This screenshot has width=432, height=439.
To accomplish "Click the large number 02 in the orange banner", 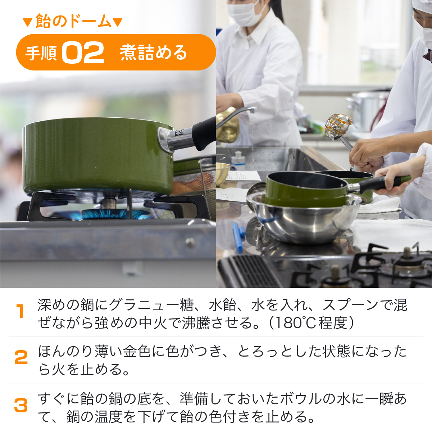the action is click(x=83, y=53).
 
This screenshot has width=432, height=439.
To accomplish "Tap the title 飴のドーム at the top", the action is click(x=73, y=21).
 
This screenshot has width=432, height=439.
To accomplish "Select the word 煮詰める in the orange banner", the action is click(x=154, y=53).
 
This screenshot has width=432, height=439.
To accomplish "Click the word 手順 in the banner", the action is click(x=41, y=53).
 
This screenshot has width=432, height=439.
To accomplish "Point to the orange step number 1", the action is click(x=20, y=311).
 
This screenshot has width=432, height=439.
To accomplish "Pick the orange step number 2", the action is click(x=21, y=357).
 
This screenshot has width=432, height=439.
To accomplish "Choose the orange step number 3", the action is click(x=21, y=405).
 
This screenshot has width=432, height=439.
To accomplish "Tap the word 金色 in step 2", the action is click(x=137, y=351).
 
